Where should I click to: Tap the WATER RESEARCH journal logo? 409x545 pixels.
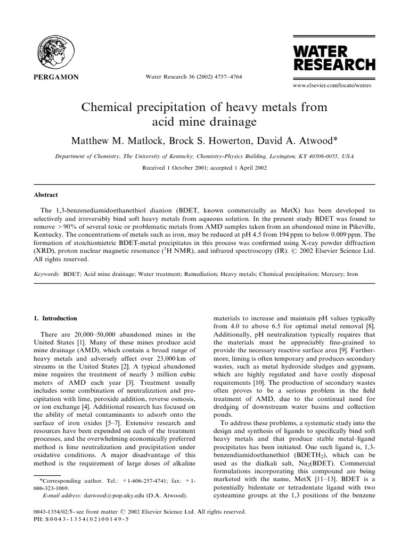pyautogui.click(x=334, y=59)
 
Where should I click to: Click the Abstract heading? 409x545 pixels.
pyautogui.click(x=45, y=195)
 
